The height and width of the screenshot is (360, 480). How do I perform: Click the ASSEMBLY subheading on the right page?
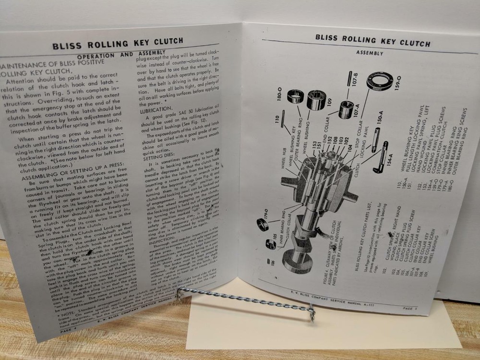tap(370, 53)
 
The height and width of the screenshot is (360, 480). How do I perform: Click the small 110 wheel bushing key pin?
tap(285, 118)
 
